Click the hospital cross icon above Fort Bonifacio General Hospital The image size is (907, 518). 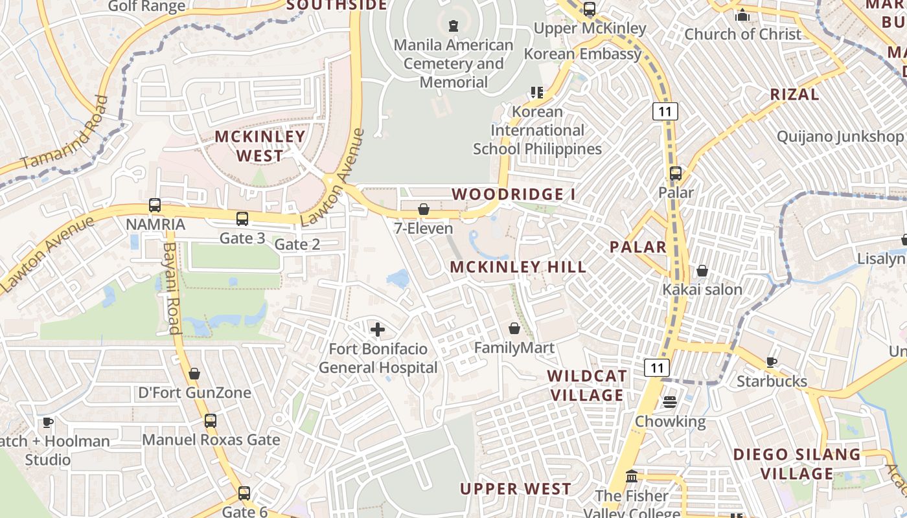[377, 330]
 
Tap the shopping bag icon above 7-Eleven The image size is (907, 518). [423, 209]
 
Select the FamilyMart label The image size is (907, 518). [514, 348]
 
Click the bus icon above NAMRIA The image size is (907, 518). [155, 205]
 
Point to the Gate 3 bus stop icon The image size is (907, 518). [242, 219]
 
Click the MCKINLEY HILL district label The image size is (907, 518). [518, 267]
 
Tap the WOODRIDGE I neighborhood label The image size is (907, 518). [513, 194]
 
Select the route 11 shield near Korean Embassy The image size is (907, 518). [665, 111]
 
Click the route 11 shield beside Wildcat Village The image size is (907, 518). [657, 368]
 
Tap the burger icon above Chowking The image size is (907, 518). [669, 402]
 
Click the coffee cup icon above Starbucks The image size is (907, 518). [771, 362]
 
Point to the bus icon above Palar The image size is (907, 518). [676, 174]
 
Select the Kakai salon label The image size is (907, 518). [702, 289]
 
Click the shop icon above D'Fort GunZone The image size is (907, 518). [194, 374]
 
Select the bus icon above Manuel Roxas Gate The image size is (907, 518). [211, 420]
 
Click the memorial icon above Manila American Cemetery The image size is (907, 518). [454, 26]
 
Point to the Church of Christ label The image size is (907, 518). [742, 34]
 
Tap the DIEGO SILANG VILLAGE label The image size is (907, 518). [796, 464]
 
